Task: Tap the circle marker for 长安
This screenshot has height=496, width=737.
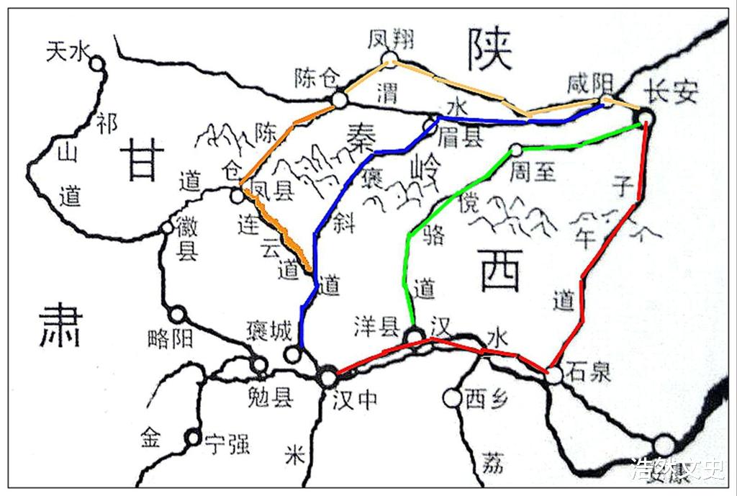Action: [646, 117]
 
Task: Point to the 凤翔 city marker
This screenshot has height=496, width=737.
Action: [389, 58]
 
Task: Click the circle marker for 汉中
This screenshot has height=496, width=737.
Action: [328, 376]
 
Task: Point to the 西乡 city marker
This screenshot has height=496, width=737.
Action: [452, 397]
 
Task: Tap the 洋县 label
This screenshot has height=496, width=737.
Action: [376, 328]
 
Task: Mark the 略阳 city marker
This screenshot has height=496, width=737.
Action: [177, 315]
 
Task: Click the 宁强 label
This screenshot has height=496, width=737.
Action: [227, 444]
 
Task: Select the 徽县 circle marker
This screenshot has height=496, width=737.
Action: [167, 228]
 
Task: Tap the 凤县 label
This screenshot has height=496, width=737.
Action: [270, 191]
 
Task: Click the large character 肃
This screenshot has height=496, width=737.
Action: [60, 325]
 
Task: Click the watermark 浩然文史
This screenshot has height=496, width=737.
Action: [677, 469]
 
